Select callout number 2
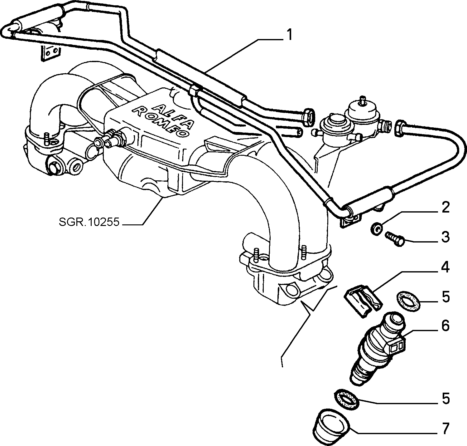(x=445, y=207)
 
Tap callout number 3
(x=445, y=237)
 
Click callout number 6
(x=445, y=326)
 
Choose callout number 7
(x=445, y=429)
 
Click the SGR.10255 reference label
(x=89, y=222)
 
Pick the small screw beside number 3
(x=394, y=239)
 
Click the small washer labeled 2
(x=376, y=229)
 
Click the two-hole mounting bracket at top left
(x=51, y=53)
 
